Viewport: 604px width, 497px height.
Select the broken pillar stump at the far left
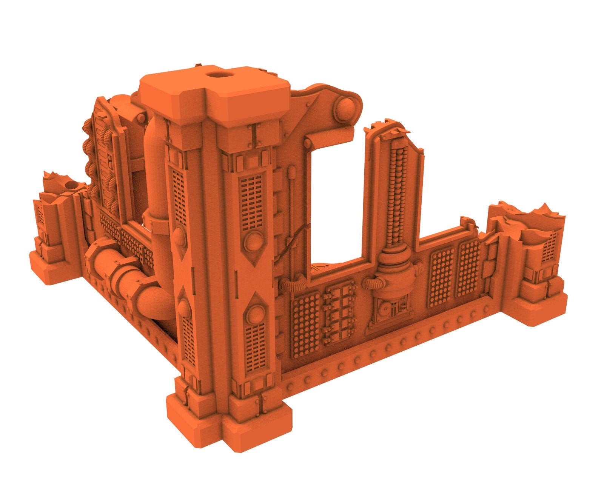point(55,223)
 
